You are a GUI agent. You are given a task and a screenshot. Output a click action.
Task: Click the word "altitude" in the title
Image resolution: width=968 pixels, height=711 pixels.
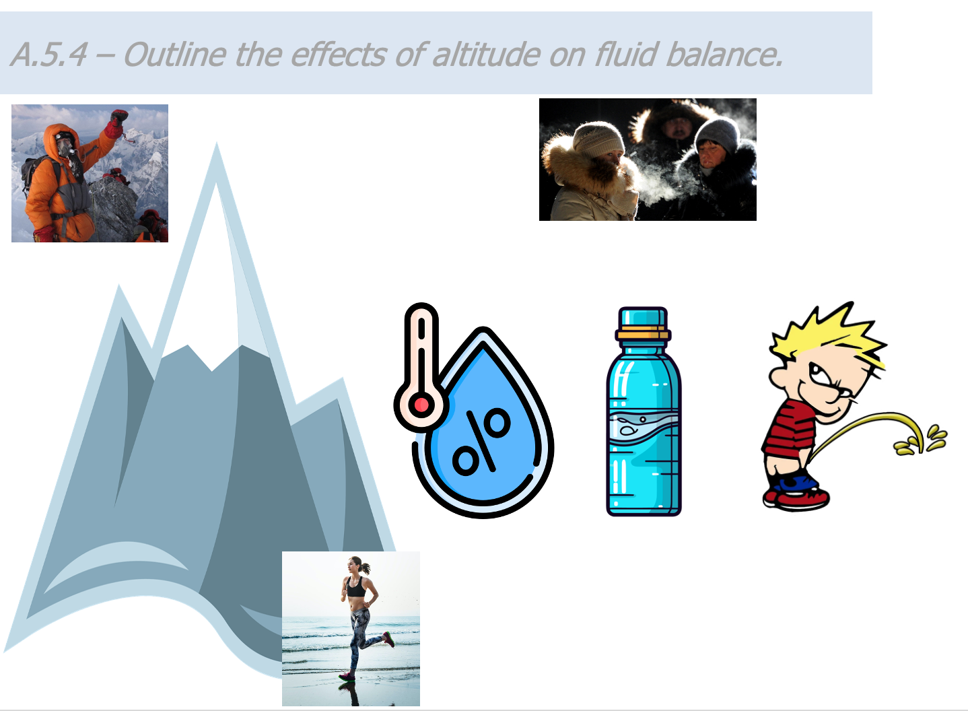coord(487,55)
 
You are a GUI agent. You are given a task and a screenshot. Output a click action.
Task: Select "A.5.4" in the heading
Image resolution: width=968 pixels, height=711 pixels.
coord(49,55)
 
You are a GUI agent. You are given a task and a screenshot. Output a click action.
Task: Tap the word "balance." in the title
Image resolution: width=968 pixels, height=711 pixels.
coord(724,55)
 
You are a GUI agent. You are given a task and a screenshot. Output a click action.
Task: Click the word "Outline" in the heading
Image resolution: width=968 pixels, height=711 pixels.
coord(175,55)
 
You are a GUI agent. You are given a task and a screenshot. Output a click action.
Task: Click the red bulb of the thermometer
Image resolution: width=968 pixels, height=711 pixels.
coord(421,405)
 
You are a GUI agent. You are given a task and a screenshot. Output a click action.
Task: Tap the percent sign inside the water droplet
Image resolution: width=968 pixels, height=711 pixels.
coord(481,441)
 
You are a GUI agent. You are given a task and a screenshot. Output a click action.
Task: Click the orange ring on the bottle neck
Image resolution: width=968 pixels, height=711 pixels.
coord(644,335)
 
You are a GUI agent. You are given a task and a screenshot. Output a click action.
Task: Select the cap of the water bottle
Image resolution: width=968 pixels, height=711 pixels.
coord(643,318)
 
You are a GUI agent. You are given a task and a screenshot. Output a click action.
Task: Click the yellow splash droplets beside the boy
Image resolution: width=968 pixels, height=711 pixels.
coord(921,440)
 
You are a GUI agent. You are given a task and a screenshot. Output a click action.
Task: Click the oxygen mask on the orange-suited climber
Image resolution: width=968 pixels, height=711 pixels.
coord(66,148)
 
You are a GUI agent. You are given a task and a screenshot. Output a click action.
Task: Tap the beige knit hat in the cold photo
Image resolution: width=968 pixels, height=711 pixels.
coord(599,139)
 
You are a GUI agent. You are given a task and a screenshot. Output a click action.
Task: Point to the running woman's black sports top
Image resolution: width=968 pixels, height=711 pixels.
coord(356,588)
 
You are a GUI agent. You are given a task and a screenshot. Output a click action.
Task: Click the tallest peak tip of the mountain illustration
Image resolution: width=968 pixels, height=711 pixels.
coord(216,144)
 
